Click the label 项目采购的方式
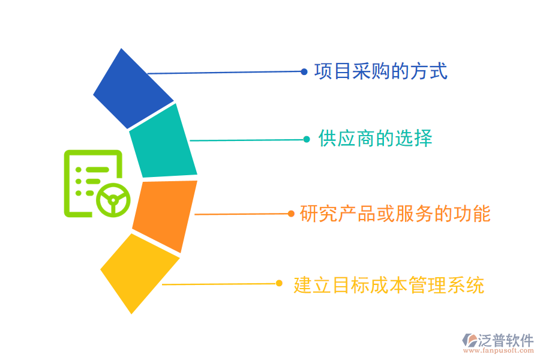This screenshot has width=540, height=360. point(381,71)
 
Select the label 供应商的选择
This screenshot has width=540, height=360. point(375,139)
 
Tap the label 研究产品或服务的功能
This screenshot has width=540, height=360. point(395,214)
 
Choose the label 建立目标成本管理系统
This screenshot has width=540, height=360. point(389,284)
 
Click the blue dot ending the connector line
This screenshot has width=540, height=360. point(304,71)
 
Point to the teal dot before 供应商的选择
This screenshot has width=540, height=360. point(306,139)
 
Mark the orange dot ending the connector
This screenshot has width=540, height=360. point(290,214)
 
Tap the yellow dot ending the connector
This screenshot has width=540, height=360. point(278,284)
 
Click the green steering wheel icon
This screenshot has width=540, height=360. point(113,199)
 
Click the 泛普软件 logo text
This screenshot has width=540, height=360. point(505,341)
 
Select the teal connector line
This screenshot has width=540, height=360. point(246,140)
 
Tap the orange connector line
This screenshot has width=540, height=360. point(240,214)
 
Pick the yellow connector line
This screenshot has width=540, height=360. point(219,284)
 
